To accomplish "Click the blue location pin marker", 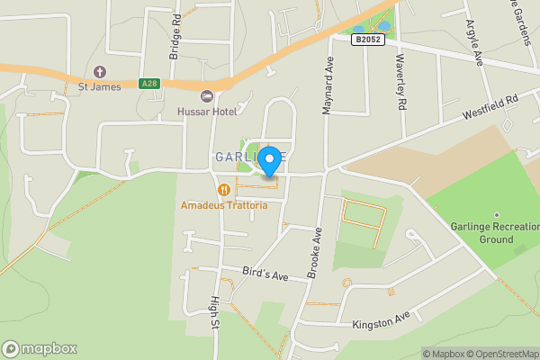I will (269, 160).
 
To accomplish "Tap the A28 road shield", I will (149, 84).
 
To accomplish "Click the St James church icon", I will (99, 71).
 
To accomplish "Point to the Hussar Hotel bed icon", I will (207, 95).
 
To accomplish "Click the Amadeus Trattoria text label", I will (224, 206).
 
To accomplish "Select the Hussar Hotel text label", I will (207, 112).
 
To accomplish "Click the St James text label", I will (99, 87).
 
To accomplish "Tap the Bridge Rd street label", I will (176, 36).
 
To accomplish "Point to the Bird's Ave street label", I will (265, 273).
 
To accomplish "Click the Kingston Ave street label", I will (381, 320).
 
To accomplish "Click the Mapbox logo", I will (39, 348).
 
